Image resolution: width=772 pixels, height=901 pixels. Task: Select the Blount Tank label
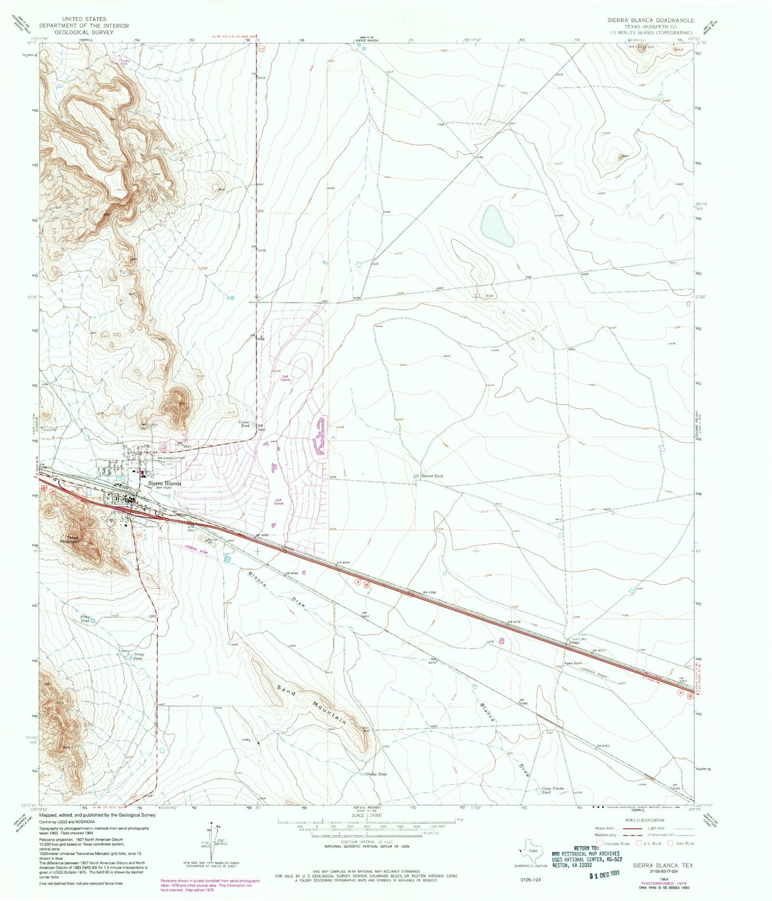pyautogui.click(x=432, y=476)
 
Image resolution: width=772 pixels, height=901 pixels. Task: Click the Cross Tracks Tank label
pyautogui.click(x=552, y=790)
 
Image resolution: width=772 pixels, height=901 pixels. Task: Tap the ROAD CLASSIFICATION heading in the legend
pyautogui.click(x=644, y=820)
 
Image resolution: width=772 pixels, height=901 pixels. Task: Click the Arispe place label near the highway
pyautogui.click(x=572, y=643)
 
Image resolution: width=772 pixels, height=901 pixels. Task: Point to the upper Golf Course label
pyautogui.click(x=286, y=378)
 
